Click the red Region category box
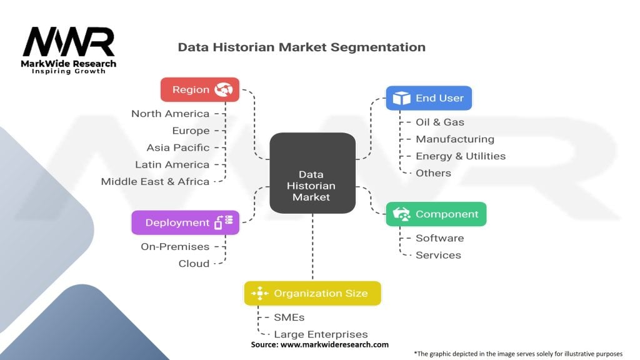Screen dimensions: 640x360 [200, 89]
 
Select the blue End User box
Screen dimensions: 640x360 [429, 98]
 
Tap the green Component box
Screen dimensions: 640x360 [436, 214]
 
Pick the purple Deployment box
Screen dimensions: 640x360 [185, 222]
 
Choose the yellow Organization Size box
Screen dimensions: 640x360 [312, 293]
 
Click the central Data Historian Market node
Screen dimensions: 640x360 [312, 172]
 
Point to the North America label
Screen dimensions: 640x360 [170, 114]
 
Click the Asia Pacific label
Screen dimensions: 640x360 [178, 147]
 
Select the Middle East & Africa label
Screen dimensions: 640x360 [155, 181]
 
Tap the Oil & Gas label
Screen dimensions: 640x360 [439, 122]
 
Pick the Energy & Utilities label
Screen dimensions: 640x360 [461, 156]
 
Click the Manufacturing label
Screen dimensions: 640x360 [455, 139]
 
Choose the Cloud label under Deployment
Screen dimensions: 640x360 [194, 264]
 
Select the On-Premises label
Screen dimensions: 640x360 [175, 246]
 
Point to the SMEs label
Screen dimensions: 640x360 [289, 317]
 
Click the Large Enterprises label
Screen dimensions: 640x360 [321, 334]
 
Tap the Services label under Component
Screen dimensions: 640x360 [438, 255]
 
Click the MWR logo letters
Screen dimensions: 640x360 [69, 42]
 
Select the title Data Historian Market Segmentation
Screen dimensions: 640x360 [302, 47]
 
